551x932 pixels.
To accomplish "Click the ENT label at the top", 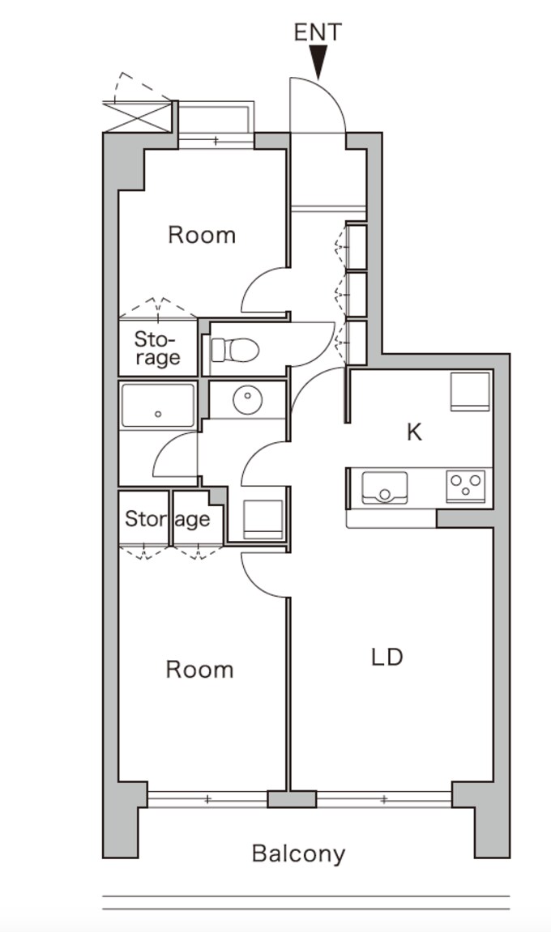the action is [318, 32].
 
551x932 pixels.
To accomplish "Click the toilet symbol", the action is [235, 350].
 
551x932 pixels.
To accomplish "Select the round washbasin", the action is [247, 399].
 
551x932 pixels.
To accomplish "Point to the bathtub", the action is [158, 406].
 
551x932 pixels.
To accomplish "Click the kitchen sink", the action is [384, 488].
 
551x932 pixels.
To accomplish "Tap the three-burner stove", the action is [466, 486].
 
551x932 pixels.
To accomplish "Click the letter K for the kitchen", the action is [414, 432].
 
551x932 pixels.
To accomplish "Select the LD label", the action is [387, 658].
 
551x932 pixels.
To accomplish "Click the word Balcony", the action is [298, 854].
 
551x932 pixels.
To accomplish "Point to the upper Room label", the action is [202, 236].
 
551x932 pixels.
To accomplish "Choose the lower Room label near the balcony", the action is [199, 670].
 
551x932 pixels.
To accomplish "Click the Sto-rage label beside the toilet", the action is [157, 348].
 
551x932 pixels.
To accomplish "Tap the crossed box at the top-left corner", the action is [138, 116].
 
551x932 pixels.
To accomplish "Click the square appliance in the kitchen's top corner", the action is [470, 392].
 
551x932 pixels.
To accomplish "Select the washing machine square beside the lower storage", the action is [263, 520].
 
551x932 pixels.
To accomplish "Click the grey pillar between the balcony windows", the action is [292, 799].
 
